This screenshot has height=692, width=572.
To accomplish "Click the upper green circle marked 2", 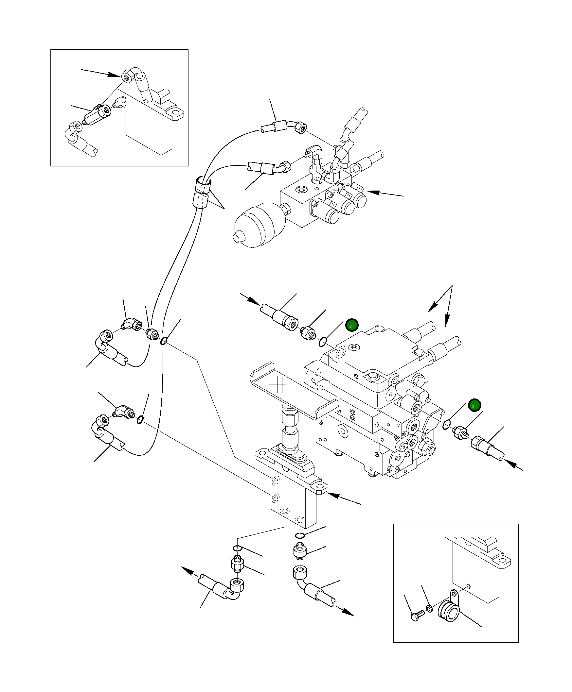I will click(x=351, y=326).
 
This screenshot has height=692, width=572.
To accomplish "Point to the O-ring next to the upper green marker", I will click(x=323, y=343).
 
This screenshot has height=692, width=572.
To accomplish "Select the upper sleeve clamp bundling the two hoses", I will click(x=203, y=184).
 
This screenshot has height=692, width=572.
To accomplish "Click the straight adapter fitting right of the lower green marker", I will click(x=460, y=432).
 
